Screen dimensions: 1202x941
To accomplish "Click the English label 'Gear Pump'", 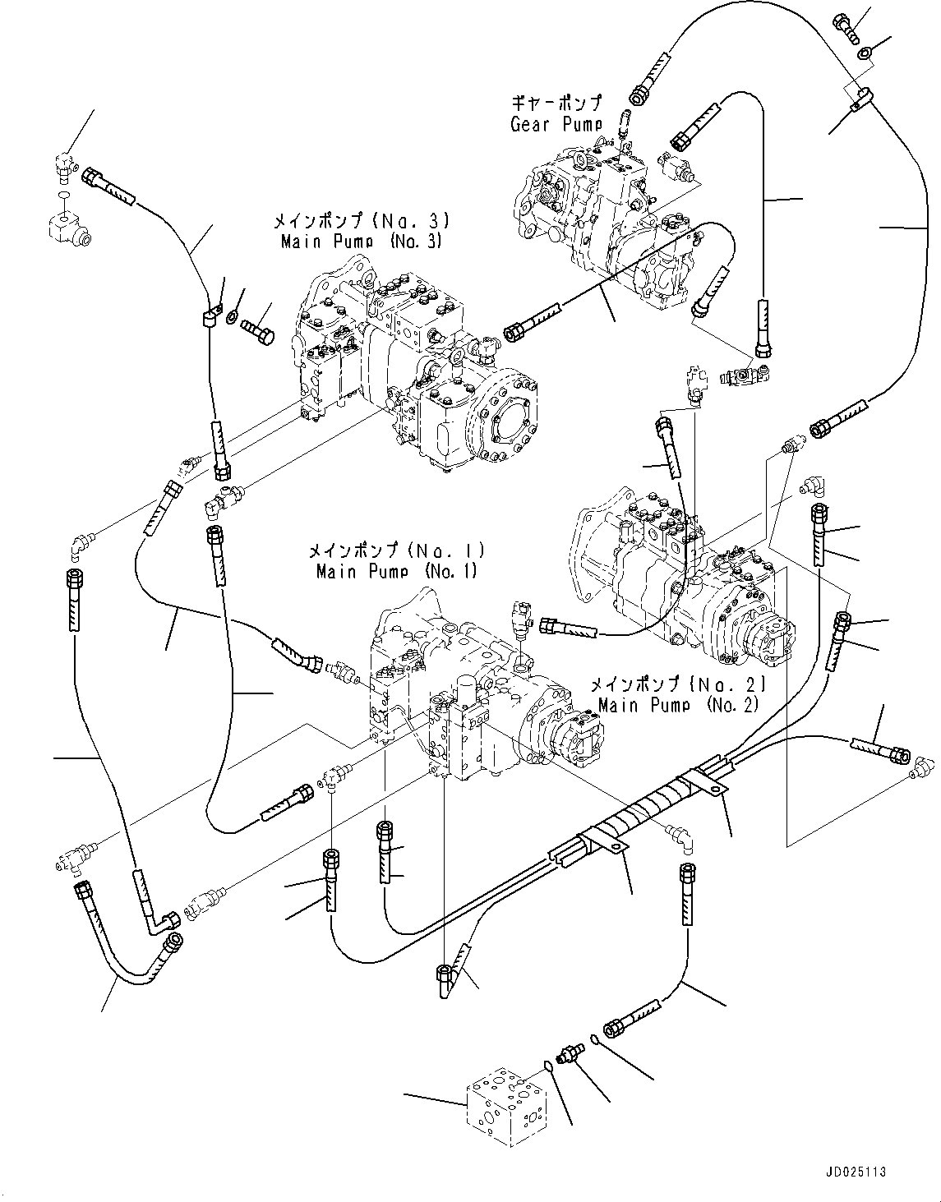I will click(556, 124).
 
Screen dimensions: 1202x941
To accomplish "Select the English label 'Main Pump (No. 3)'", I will click(361, 241).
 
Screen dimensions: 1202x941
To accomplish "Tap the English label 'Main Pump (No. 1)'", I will click(396, 570).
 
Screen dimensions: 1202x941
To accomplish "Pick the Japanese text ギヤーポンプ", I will click(556, 104).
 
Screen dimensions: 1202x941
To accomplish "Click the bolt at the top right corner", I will click(846, 29).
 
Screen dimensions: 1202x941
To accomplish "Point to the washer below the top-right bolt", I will click(865, 54).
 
